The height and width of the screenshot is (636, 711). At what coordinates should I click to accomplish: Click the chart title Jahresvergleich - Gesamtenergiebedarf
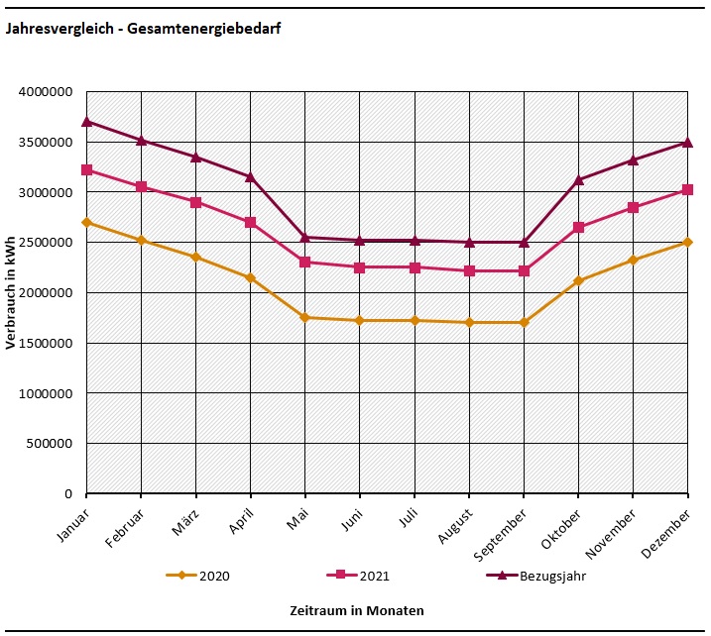pyautogui.click(x=143, y=30)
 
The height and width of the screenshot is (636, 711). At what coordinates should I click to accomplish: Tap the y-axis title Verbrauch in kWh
pyautogui.click(x=11, y=292)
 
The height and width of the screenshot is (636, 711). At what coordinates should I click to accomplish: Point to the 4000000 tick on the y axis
pyautogui.click(x=46, y=92)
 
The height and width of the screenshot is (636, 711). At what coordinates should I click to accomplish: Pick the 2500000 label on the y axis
pyautogui.click(x=46, y=243)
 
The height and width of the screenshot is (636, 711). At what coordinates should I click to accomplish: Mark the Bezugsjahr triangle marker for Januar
pyautogui.click(x=87, y=121)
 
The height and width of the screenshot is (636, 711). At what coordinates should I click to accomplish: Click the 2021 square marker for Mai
pyautogui.click(x=305, y=262)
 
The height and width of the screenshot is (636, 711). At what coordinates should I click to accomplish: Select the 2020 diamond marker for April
pyautogui.click(x=251, y=278)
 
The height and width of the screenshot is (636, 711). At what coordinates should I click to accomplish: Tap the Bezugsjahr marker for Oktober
pyautogui.click(x=578, y=179)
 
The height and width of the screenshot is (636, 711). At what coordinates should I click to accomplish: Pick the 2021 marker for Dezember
pyautogui.click(x=687, y=189)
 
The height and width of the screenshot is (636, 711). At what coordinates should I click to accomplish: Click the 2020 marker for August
pyautogui.click(x=469, y=322)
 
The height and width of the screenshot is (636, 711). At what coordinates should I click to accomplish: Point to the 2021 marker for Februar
pyautogui.click(x=142, y=186)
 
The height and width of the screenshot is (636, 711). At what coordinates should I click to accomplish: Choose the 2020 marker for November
pyautogui.click(x=633, y=260)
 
